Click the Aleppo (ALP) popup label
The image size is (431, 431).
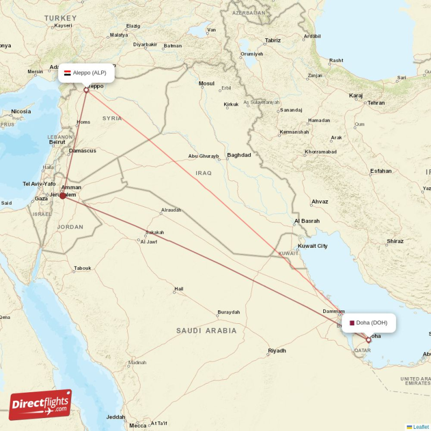86,73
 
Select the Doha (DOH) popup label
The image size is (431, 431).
369,323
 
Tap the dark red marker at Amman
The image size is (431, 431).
63,196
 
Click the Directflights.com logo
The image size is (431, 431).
40,405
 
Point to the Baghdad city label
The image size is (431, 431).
239,155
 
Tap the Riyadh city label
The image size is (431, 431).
277,351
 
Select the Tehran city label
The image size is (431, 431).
376,102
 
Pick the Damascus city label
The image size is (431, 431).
82,151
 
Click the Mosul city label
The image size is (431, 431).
206,84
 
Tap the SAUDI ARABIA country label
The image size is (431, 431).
206,330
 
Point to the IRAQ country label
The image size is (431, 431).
204,173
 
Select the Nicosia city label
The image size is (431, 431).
21,112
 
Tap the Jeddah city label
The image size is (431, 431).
116,416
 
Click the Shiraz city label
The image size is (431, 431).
395,241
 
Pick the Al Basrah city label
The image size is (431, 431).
307,221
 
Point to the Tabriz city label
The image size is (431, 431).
273,40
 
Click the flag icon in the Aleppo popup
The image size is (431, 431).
67,73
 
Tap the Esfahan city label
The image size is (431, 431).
381,171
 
